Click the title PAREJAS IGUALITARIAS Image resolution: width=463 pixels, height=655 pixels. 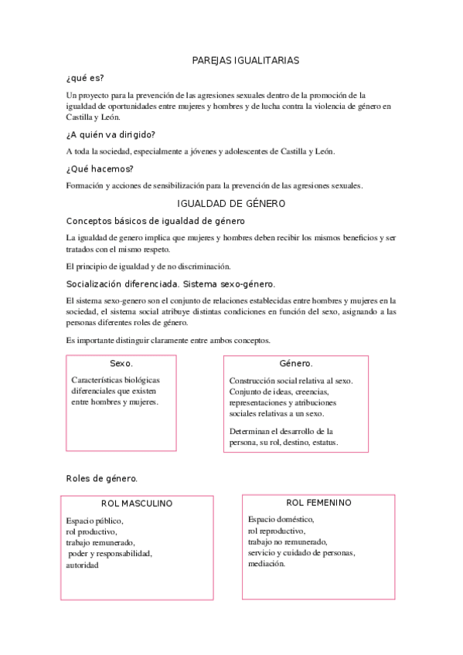tap(244, 59)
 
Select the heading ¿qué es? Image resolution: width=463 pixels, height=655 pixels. tap(85, 78)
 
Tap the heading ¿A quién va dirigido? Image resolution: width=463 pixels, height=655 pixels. tap(111, 134)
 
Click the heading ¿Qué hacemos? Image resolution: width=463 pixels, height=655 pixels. tap(100, 168)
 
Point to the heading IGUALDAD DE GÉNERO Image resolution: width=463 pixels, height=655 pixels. tap(231, 204)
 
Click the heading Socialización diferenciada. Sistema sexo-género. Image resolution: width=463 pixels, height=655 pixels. tap(171, 283)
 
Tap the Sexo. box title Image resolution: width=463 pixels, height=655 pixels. tap(121, 363)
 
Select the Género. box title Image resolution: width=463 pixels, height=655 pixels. tap(295, 363)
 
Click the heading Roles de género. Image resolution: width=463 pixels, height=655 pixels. tap(102, 478)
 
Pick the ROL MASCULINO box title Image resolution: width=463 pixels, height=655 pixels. tap(137, 504)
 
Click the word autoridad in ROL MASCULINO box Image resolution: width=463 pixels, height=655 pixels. tap(83, 565)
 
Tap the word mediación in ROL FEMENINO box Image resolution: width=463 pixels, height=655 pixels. tap(267, 563)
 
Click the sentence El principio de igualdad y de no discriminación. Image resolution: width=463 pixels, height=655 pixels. tap(143, 266)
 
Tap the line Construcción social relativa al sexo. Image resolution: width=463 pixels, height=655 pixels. tap(291, 381)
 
